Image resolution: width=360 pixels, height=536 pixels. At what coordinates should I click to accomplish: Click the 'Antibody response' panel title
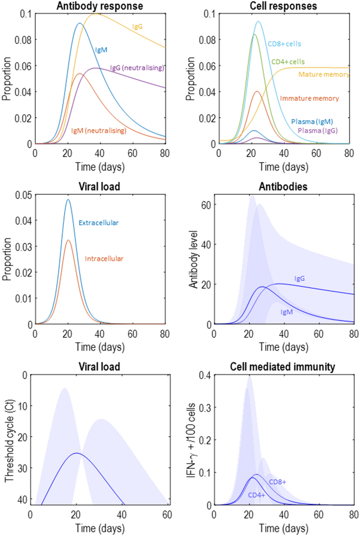[x=100, y=6]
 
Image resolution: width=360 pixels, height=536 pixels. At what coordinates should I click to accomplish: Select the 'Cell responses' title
[x=283, y=6]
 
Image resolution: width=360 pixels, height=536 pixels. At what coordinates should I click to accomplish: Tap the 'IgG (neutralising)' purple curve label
[x=137, y=68]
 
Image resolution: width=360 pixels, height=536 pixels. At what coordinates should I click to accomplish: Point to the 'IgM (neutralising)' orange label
[x=99, y=131]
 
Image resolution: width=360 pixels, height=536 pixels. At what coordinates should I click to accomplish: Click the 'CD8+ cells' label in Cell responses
[x=284, y=44]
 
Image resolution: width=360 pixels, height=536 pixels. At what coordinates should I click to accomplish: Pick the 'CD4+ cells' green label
[x=288, y=62]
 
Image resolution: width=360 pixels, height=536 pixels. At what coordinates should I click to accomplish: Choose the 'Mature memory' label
[x=324, y=74]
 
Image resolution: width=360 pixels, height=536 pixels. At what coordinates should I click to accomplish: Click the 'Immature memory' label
[x=309, y=98]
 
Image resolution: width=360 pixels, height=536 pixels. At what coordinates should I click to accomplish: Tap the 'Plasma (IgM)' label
[x=312, y=122]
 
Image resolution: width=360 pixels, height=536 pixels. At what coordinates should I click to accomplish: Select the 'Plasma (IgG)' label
[x=318, y=131]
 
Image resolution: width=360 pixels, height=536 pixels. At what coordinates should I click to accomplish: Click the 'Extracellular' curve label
[x=98, y=223]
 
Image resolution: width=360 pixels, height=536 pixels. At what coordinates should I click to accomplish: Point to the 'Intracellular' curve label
[x=104, y=259]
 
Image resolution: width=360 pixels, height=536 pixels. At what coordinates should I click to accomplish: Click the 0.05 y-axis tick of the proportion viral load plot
[x=23, y=195]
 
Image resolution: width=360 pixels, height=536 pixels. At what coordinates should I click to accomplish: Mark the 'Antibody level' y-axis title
[x=193, y=259]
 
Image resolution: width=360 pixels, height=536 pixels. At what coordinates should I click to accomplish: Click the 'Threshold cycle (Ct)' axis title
[x=9, y=441]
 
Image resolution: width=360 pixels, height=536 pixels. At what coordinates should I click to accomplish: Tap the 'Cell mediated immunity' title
[x=283, y=367]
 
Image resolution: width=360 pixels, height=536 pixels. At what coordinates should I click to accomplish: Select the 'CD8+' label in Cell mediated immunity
[x=277, y=482]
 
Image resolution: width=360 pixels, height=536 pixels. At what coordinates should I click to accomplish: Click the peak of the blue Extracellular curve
[x=68, y=200]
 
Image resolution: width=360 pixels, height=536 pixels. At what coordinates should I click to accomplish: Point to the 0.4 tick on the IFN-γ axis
[x=205, y=375]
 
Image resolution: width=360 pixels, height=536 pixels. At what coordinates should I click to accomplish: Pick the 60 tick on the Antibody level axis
[x=206, y=205]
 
